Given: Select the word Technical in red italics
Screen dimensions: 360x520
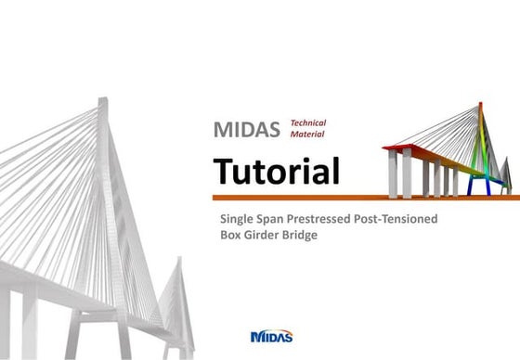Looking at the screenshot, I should [308, 122].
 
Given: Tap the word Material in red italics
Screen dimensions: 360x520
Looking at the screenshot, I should [307, 135].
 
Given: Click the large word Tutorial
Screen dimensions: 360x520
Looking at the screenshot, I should [276, 171].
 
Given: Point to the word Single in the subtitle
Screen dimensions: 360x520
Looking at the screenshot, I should [238, 219].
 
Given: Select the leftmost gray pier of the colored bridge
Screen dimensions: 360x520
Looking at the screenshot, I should [394, 174].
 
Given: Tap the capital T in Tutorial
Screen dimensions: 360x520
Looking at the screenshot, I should [226, 171].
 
